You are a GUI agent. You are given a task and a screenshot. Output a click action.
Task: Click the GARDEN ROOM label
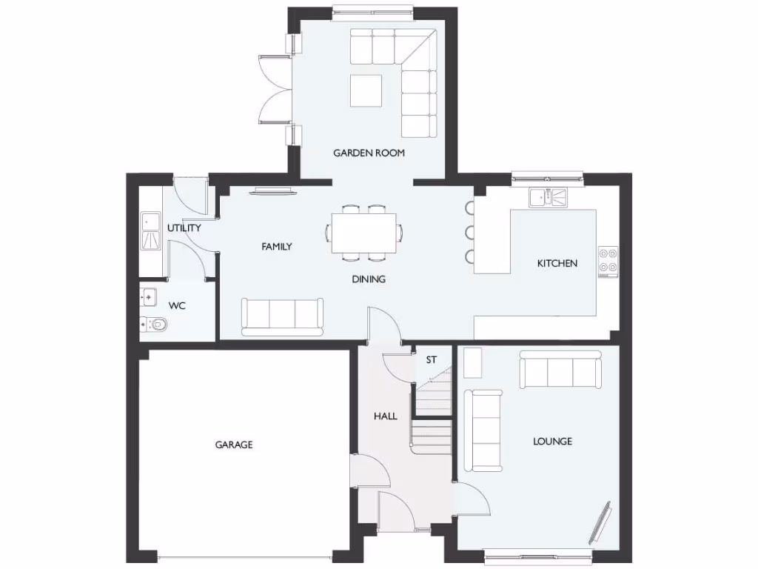369,153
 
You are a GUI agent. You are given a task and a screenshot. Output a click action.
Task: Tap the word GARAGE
234,445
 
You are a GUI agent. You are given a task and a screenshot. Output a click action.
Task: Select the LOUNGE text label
552,442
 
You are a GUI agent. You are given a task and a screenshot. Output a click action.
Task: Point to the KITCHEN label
557,263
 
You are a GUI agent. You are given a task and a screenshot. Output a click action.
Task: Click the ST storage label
432,360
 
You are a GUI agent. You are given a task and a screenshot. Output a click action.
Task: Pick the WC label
177,305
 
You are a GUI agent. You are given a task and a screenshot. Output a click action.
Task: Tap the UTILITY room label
184,228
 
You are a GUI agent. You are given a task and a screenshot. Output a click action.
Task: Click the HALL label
385,416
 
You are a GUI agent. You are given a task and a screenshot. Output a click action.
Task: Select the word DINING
369,279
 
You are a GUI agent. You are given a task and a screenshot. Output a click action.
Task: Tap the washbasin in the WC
147,297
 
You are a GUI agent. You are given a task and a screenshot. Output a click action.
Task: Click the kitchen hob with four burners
608,261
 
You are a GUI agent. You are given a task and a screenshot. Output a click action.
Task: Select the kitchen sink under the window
548,197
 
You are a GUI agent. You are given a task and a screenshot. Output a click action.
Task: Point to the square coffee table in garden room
366,90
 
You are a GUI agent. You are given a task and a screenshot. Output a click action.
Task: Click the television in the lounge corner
600,522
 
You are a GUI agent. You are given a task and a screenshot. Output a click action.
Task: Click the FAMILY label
276,247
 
